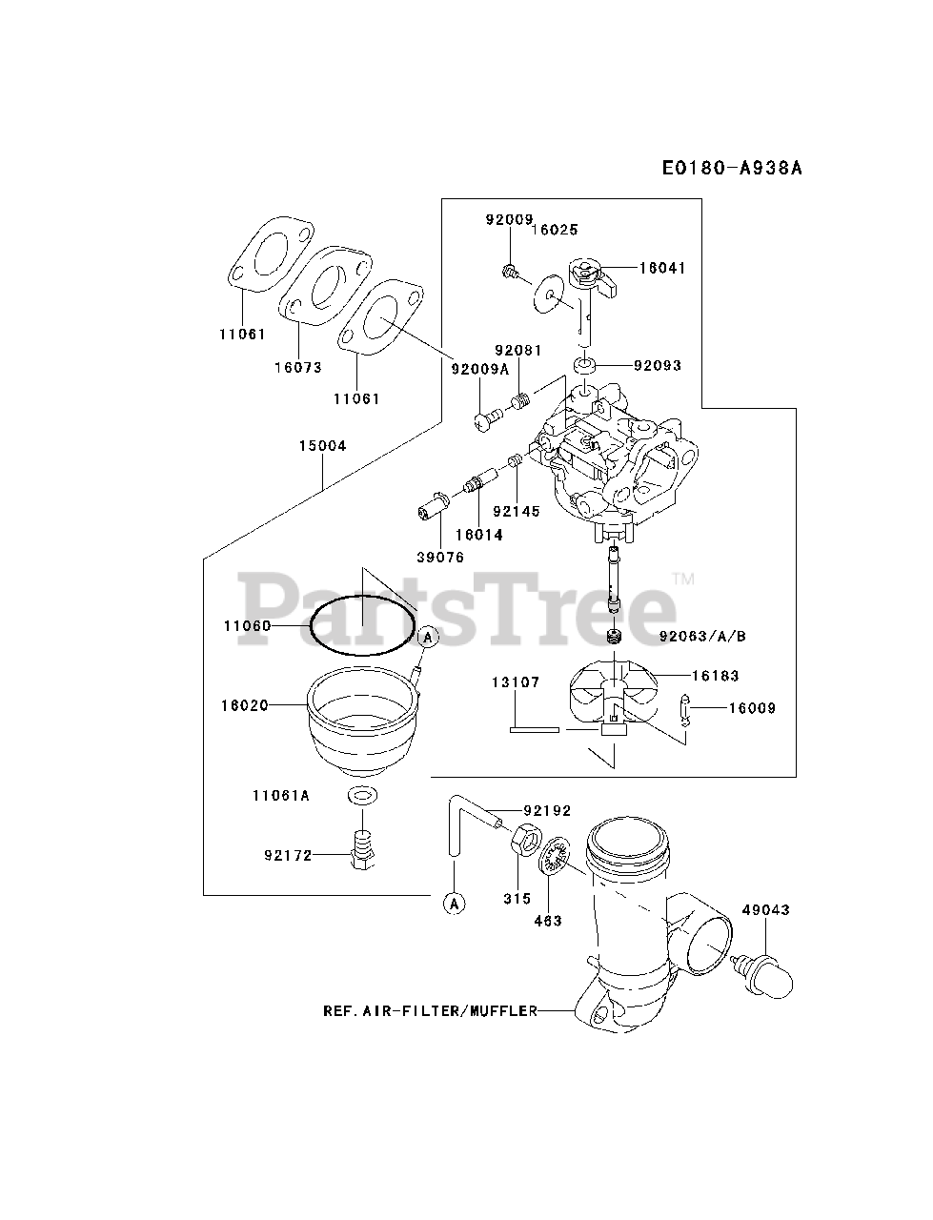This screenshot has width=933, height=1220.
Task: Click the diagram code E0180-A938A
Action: pos(733,169)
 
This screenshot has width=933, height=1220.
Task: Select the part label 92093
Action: pos(657,365)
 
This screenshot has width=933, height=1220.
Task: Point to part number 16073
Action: pos(297,367)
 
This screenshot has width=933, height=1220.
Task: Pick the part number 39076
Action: pos(439,558)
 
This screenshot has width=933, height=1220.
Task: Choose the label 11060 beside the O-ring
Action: pos(247,626)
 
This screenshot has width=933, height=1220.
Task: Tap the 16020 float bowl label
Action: pos(244,705)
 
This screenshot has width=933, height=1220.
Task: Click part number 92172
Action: pos(288,855)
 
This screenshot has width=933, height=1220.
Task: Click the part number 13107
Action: pos(516,682)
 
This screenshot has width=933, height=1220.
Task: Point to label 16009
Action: pos(752,708)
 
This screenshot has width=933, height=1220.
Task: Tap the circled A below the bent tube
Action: pos(454,903)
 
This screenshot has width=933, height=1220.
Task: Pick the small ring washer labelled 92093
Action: pos(582,365)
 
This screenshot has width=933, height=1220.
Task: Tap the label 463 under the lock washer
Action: pos(548,921)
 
